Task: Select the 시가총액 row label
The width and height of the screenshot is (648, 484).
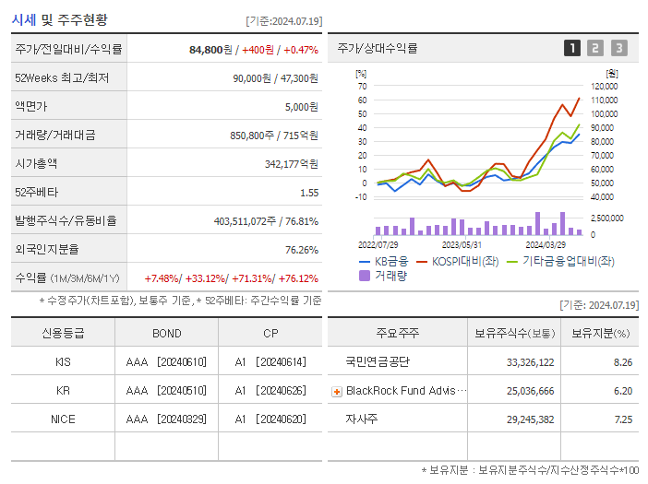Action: tap(36, 163)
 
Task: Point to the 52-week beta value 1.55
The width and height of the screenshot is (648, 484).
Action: tap(308, 192)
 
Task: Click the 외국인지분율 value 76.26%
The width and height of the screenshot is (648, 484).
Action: tap(301, 249)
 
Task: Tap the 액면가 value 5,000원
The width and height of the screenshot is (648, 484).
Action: tap(301, 106)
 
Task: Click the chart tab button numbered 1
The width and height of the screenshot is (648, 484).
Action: tap(572, 48)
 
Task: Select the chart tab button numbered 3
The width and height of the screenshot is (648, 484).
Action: tap(618, 48)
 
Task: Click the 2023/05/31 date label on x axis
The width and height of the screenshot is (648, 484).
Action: tap(462, 245)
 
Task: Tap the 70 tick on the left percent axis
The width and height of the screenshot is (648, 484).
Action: tap(363, 86)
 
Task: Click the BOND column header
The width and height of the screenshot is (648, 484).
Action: tap(166, 333)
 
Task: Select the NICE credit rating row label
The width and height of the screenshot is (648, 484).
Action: tap(63, 419)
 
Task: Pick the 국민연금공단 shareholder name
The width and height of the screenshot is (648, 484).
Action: tap(377, 361)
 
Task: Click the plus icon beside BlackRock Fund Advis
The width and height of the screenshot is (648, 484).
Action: tap(337, 391)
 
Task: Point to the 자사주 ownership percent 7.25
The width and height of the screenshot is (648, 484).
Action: tap(622, 419)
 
